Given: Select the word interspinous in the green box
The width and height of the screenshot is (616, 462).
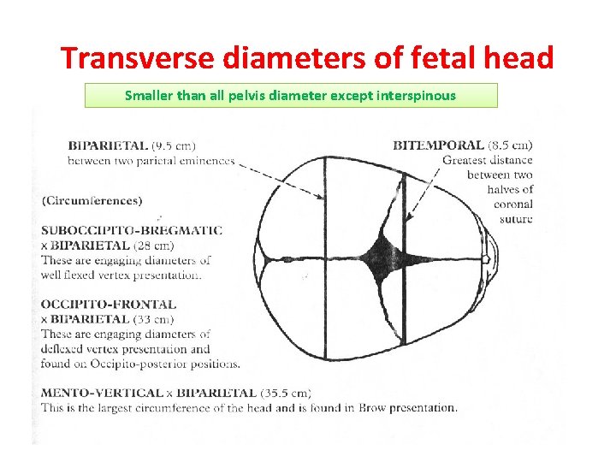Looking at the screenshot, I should (414, 95).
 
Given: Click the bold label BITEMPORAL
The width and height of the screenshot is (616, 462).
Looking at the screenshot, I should (438, 145).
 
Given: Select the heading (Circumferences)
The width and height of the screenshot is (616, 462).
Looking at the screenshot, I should (92, 201).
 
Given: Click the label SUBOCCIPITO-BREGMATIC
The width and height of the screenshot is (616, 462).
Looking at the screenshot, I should (132, 230).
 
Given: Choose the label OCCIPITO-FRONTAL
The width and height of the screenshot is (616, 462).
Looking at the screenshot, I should (108, 304).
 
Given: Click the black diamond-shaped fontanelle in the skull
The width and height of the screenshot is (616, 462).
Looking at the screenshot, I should (376, 254).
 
